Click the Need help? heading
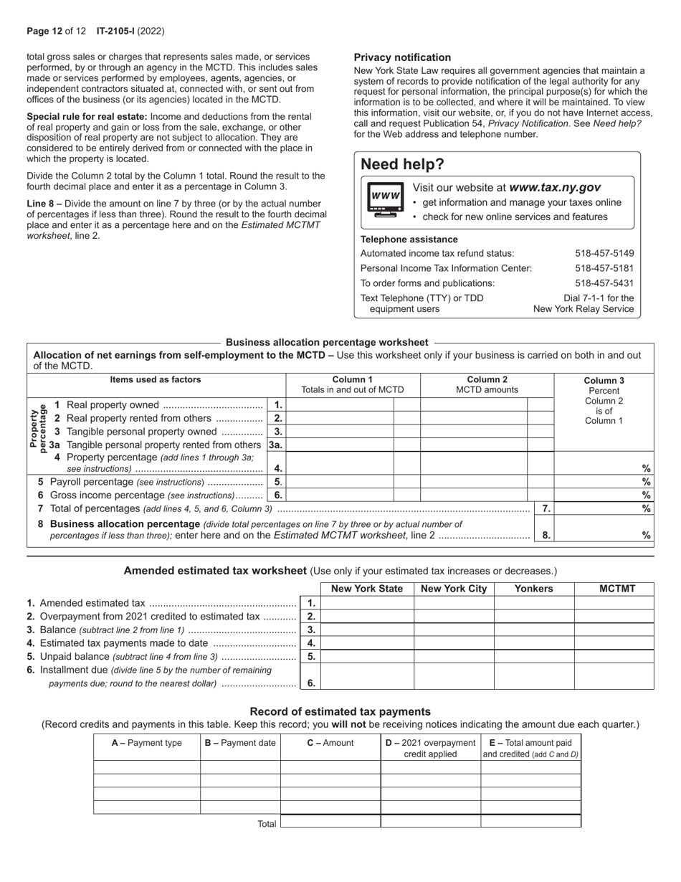[x=402, y=164]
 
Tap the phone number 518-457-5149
[x=604, y=253]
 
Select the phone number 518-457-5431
[x=604, y=283]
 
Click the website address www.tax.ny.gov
[x=555, y=187]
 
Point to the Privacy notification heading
[x=402, y=57]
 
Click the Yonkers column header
[x=534, y=589]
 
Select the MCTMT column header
[x=614, y=589]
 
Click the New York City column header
[x=454, y=589]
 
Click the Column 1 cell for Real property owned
[x=340, y=405]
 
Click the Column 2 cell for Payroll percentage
[x=473, y=482]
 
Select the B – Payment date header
[x=240, y=743]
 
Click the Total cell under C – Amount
[x=330, y=822]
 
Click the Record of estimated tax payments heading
[x=340, y=711]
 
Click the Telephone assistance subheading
[x=409, y=240]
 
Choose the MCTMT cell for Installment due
[x=614, y=676]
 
